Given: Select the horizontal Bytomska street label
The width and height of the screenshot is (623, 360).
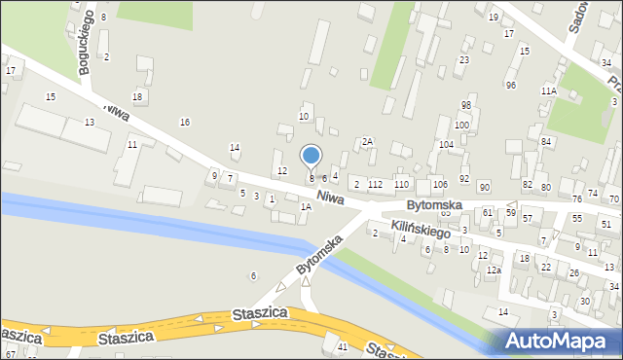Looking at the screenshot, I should point(433,205).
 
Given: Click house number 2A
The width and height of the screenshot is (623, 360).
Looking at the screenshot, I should point(367,142).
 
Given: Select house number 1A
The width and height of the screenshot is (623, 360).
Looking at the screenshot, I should point(306,206).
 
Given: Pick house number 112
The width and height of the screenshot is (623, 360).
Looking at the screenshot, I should point(375,184).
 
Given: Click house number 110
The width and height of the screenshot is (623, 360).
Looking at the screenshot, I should point(401,184).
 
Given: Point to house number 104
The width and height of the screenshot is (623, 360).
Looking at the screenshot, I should point(446,144).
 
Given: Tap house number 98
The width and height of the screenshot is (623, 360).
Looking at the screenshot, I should point(466,105).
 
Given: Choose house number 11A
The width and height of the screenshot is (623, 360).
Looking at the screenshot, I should point(549,90).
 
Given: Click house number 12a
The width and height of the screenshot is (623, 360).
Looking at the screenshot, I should point(494,270).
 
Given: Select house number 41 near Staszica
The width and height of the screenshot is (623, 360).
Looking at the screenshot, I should point(342,347).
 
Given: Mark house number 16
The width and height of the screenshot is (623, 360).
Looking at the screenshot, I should point(185,122).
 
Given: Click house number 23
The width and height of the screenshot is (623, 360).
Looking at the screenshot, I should point(464,60).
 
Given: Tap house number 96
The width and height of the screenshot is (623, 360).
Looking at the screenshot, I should point(511,86).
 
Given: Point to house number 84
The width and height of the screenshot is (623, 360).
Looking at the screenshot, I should point(546,142).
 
